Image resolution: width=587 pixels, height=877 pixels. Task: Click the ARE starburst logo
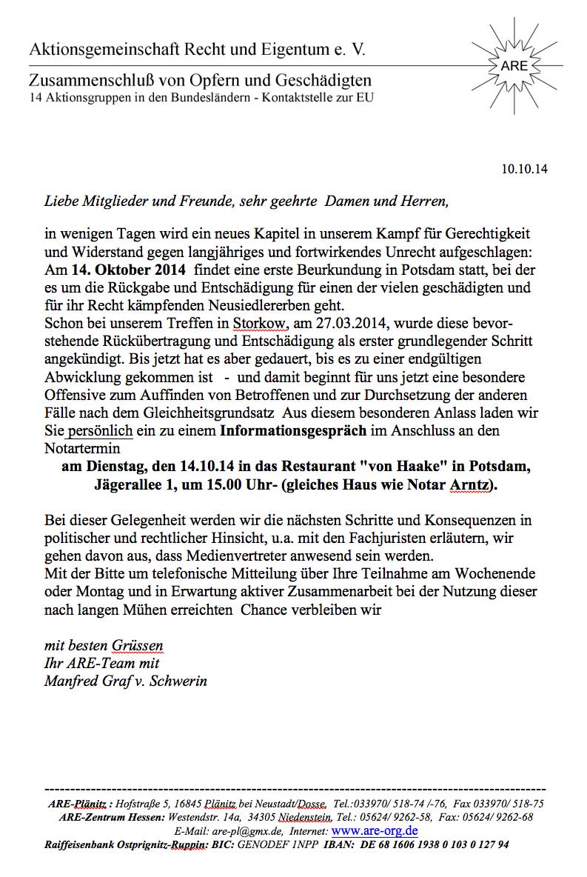pyautogui.click(x=514, y=65)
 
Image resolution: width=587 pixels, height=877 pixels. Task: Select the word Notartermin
pyautogui.click(x=83, y=448)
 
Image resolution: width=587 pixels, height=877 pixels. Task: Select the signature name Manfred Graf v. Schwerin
pyautogui.click(x=125, y=681)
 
